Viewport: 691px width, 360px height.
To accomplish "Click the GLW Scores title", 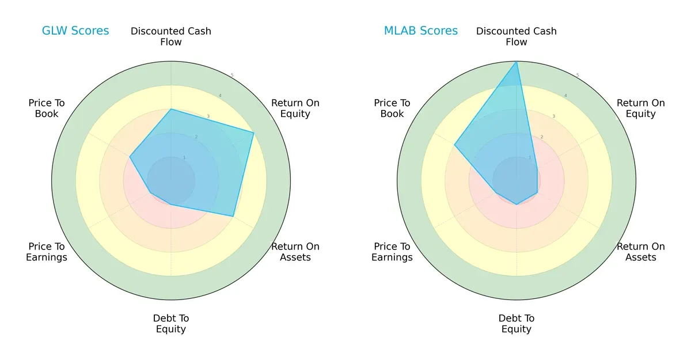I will [x=75, y=31].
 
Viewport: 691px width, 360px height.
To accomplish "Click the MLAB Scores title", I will [x=421, y=31].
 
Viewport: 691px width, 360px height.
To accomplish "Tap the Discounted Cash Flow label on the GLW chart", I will [x=171, y=36].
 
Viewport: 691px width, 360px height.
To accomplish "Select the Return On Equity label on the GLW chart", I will [x=295, y=108].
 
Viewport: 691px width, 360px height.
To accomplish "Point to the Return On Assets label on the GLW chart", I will [x=295, y=252].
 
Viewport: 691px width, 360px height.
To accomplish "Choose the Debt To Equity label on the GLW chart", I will [x=171, y=324].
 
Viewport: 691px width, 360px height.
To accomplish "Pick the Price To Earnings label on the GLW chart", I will [x=47, y=252].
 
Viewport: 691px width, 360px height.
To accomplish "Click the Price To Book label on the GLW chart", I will [x=47, y=108].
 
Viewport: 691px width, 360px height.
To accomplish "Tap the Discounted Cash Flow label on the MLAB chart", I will [x=517, y=36].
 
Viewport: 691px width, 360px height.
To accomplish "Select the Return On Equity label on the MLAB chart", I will [x=641, y=108].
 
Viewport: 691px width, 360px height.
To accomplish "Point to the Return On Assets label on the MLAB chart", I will [x=641, y=252].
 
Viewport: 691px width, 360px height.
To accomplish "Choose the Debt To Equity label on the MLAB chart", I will [x=517, y=324].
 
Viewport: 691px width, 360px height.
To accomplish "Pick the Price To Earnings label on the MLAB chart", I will [x=392, y=252].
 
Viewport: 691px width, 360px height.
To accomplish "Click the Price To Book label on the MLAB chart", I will [x=392, y=108].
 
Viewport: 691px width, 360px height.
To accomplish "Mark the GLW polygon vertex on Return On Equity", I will [x=254, y=132].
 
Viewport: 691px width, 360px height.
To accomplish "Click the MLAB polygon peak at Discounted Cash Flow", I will [x=517, y=62].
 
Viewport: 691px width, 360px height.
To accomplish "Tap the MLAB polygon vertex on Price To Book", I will [x=454, y=145].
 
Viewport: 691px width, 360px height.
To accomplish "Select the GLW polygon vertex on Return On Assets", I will [x=233, y=216].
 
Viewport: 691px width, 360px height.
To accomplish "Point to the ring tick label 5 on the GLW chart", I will [x=232, y=75].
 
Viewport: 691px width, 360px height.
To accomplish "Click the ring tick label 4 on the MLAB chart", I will [x=565, y=96].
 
